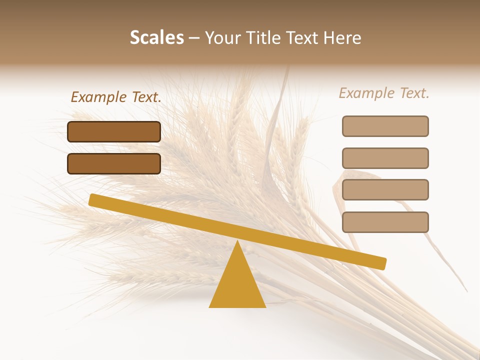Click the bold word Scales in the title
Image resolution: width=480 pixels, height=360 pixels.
[156, 38]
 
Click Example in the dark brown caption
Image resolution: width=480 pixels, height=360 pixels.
[98, 97]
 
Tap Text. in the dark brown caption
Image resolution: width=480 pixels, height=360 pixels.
[145, 97]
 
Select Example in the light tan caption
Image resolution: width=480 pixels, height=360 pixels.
[366, 93]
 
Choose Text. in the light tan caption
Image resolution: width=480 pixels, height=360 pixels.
[413, 93]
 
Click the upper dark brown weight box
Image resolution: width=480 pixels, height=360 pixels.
[114, 131]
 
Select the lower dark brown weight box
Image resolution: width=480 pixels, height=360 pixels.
[114, 163]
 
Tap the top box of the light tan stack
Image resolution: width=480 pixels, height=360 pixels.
[385, 126]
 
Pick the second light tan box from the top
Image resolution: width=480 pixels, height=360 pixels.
[385, 158]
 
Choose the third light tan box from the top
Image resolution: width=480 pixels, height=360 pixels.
[385, 190]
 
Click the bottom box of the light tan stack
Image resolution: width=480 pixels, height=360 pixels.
[385, 222]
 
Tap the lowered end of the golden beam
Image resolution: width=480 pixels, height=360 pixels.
[381, 263]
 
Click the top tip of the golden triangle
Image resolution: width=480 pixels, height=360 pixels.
[237, 242]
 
